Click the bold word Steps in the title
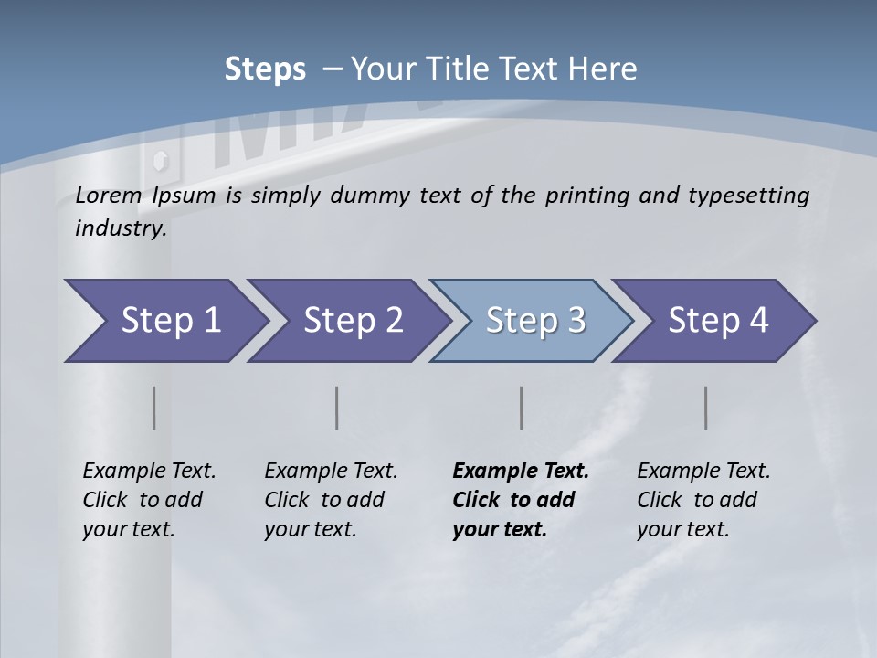coord(265,69)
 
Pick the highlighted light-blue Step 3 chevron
coord(532,320)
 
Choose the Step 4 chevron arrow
coord(714,320)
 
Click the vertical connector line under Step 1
coord(154,408)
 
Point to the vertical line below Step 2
coord(337,408)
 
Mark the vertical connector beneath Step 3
coord(522,408)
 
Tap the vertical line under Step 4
coord(706,408)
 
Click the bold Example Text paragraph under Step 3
coord(520,500)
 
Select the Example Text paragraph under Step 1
coord(149,500)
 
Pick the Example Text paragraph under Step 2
coord(331,500)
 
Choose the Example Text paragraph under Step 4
coord(703,500)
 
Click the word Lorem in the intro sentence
coord(109,196)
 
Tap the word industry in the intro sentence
coord(121,228)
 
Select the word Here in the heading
coord(607,69)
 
